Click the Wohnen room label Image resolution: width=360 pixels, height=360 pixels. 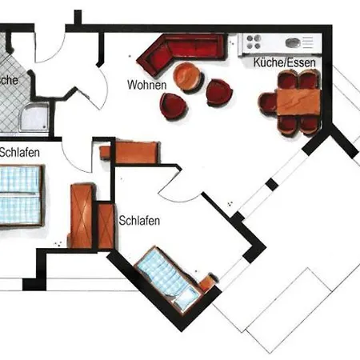[146, 84]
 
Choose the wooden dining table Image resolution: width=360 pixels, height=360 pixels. [298, 101]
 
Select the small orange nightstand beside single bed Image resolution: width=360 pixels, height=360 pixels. [210, 282]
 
